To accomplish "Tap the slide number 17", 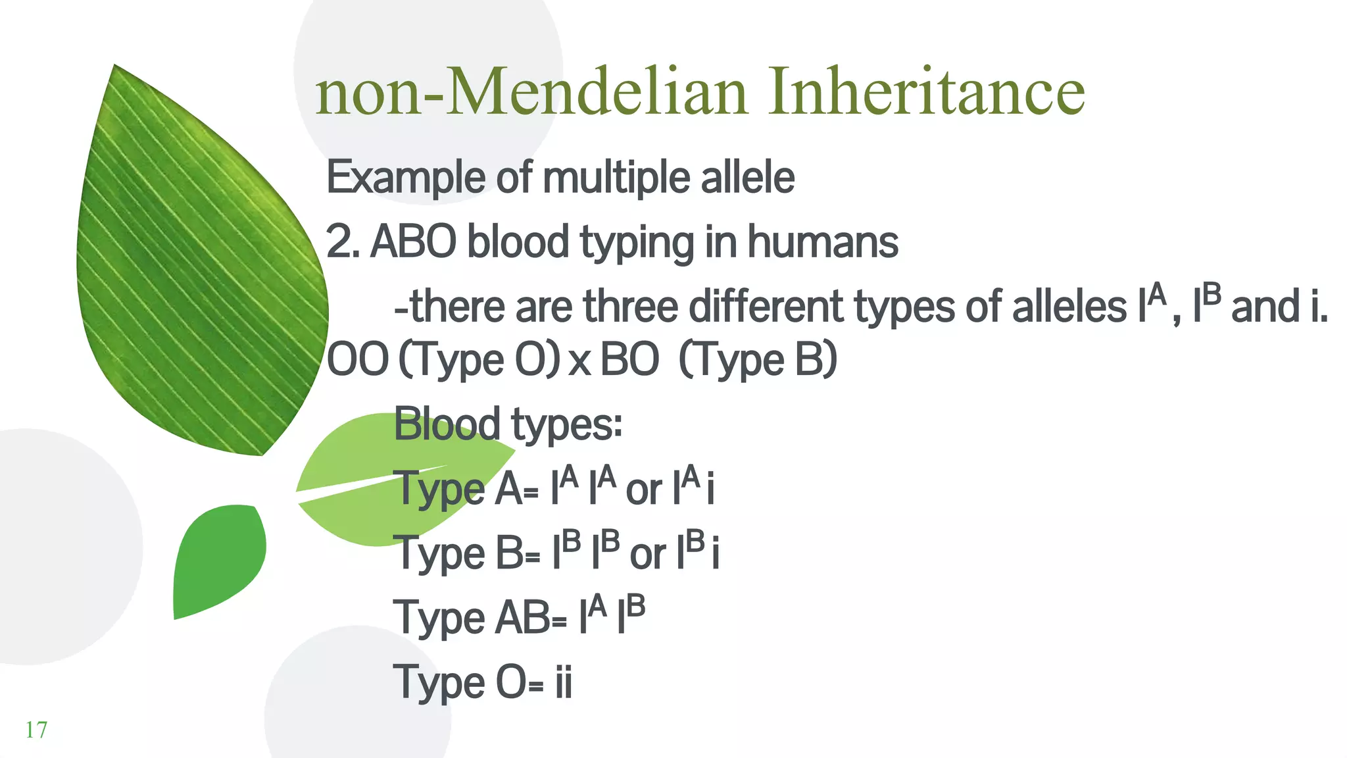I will coord(36,730).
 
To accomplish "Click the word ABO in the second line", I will coord(413,242).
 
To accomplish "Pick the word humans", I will coord(822,242).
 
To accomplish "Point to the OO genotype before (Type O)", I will coord(358,360).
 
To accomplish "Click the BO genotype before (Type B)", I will coord(629,360).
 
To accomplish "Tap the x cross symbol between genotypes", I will coord(579,363).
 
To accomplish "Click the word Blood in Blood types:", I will coord(447,424).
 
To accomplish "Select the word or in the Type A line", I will coord(643,491).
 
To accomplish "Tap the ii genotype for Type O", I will coord(564,682).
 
